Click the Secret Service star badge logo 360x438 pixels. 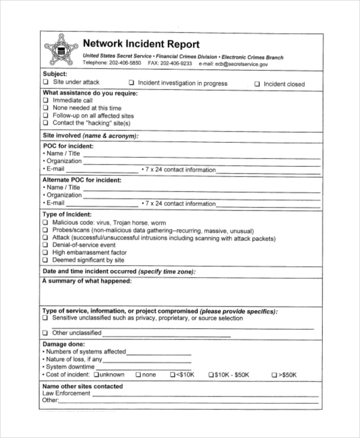61,50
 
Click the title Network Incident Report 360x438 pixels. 141,44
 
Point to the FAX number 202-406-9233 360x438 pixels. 178,63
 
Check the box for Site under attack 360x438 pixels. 46,82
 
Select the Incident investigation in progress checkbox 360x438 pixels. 131,84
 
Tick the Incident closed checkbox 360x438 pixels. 257,85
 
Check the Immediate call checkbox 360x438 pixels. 46,101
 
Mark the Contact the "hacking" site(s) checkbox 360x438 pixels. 46,123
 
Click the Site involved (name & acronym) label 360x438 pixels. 90,136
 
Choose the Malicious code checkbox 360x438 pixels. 46,223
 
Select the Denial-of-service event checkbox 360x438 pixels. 46,245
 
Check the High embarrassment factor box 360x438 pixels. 46,253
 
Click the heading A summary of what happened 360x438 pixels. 86,281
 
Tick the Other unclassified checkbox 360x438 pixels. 46,333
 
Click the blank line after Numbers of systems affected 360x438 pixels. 158,352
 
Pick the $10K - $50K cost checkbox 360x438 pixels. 211,375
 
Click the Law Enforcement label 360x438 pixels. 66,394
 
